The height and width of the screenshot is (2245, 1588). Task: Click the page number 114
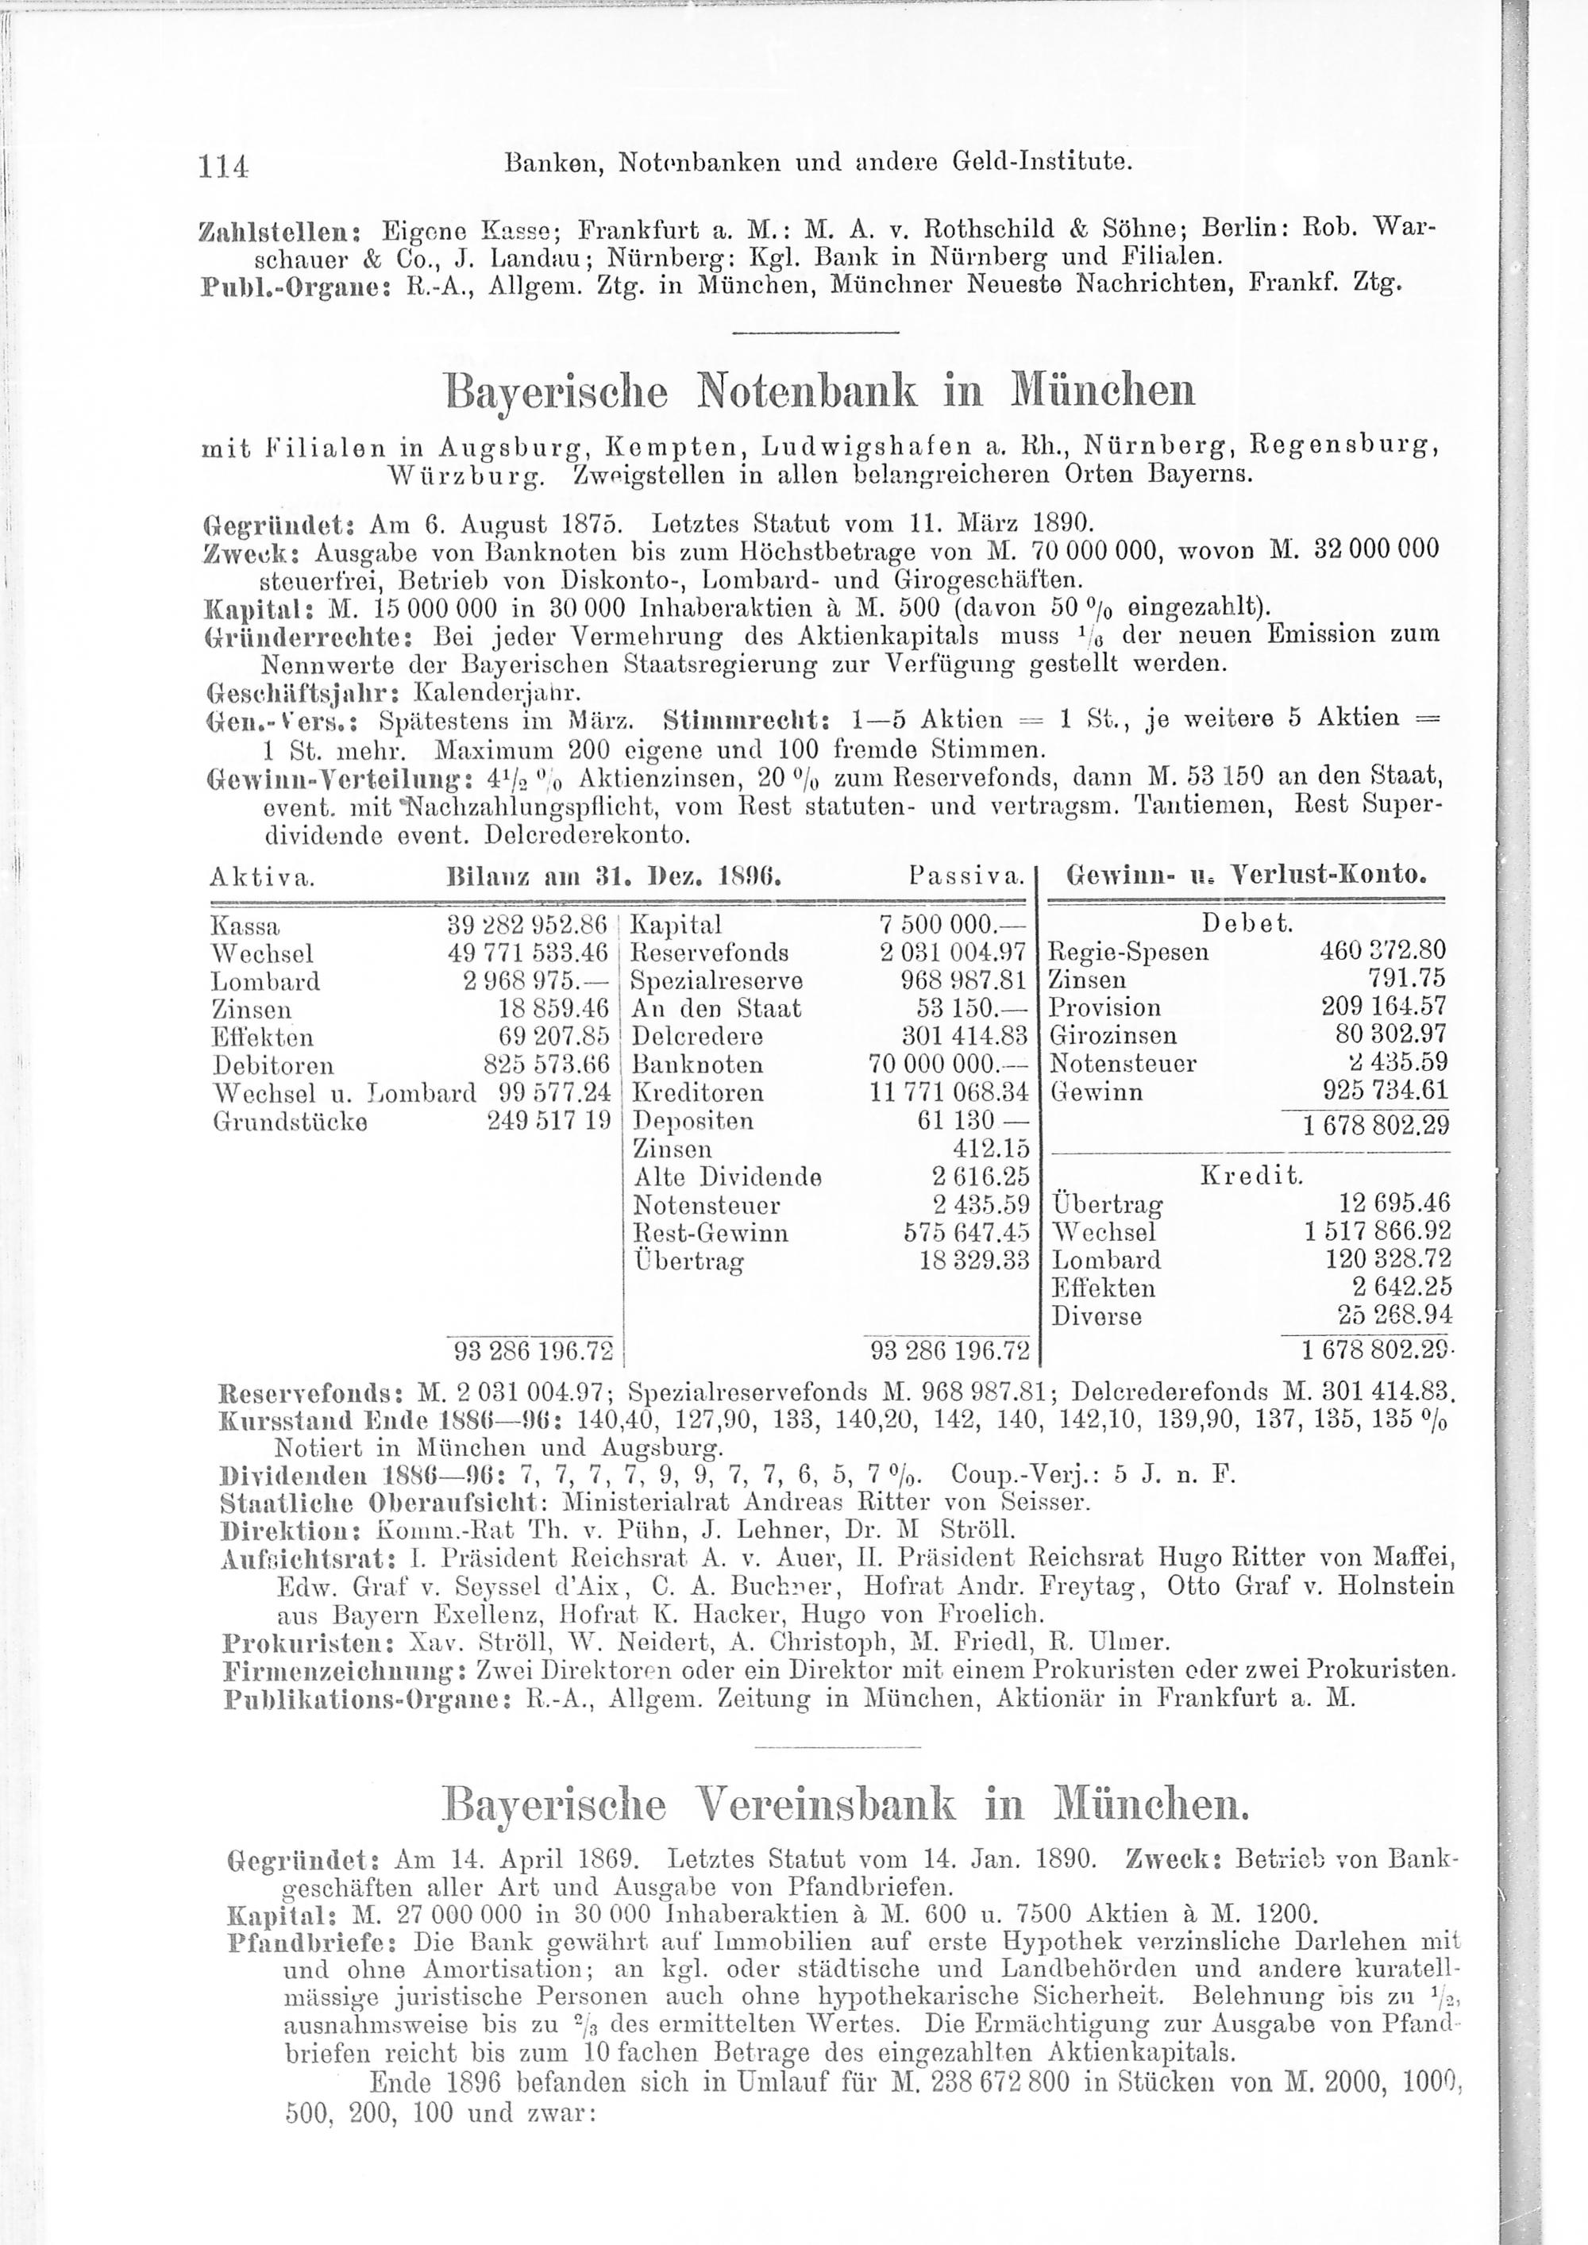coord(225,166)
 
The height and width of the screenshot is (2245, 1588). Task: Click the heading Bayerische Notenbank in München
coord(819,392)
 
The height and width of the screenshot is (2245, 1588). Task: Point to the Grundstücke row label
coord(290,1122)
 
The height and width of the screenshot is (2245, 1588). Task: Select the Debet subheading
coord(1247,924)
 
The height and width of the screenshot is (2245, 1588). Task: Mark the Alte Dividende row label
coord(727,1177)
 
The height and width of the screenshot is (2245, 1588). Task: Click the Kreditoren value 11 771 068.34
coord(950,1093)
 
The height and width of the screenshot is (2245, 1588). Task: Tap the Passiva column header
coord(966,874)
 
